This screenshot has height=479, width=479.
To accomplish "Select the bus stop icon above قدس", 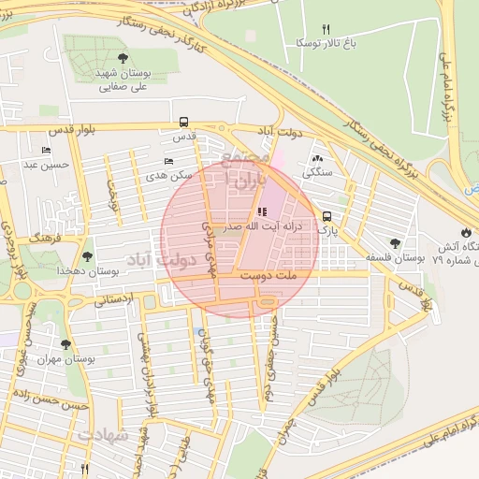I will click(x=183, y=122).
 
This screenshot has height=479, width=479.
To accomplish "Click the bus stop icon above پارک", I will click(x=327, y=213).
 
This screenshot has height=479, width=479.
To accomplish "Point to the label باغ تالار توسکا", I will click(x=325, y=43).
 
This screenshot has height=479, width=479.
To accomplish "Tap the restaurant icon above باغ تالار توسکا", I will click(x=326, y=28).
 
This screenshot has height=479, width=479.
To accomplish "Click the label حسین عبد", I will click(x=42, y=165).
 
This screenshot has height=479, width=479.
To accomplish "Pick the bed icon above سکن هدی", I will click(x=169, y=161).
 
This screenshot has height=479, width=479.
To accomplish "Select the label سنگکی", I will click(x=317, y=173).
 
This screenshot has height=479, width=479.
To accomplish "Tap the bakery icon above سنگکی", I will click(x=317, y=158).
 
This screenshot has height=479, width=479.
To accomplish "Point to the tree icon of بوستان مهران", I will click(x=65, y=344).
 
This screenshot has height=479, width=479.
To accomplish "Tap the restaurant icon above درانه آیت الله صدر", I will click(x=261, y=211).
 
